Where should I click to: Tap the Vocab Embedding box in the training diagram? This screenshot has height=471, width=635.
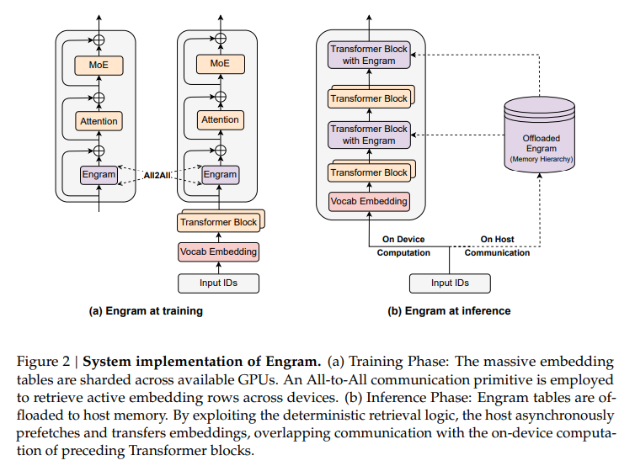(x=218, y=251)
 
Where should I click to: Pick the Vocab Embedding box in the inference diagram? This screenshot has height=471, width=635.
(x=368, y=201)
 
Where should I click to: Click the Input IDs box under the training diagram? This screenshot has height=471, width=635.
(x=218, y=283)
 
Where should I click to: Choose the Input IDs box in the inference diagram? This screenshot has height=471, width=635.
(x=449, y=283)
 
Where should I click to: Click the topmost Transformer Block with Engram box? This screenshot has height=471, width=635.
(x=368, y=56)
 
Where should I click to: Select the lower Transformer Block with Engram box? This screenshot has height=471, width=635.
(x=368, y=135)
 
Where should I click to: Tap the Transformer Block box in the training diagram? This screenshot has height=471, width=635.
(x=217, y=223)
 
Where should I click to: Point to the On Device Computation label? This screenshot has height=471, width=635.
(x=403, y=246)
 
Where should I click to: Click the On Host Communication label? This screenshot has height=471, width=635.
(x=498, y=246)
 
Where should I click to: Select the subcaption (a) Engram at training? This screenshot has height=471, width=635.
(x=146, y=311)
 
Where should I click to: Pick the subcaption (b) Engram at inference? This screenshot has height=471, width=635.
(x=449, y=311)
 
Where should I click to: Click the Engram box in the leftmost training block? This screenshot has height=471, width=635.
(x=99, y=175)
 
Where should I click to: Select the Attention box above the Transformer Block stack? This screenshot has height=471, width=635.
(x=220, y=120)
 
